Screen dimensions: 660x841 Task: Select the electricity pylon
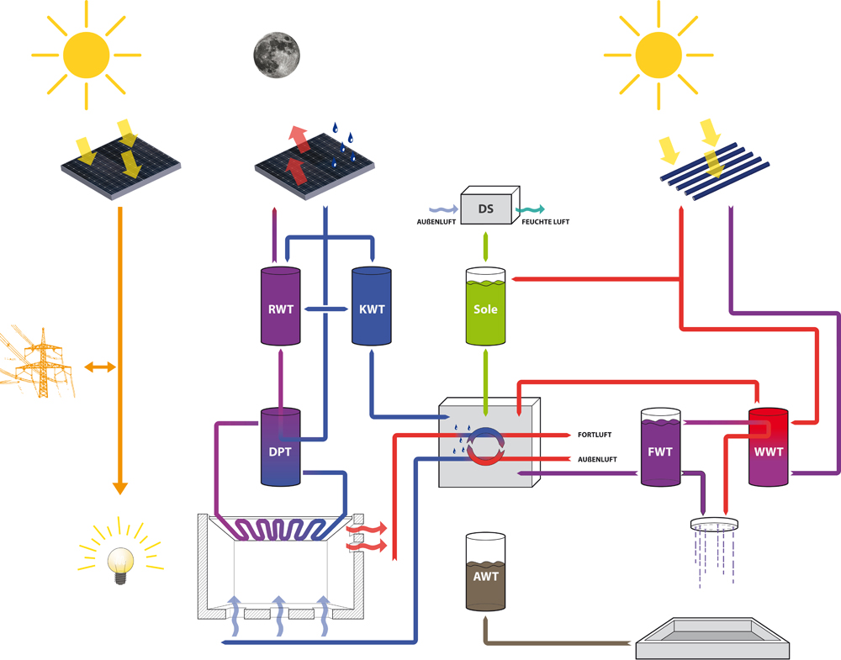(37, 362)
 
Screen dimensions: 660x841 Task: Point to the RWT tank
(280, 307)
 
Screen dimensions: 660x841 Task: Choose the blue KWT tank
(371, 307)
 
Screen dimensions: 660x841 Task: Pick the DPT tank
(280, 447)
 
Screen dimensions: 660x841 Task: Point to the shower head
(714, 525)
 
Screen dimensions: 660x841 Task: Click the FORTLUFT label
(595, 436)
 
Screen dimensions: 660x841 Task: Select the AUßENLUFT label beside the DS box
(436, 222)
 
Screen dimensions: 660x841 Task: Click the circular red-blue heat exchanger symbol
(485, 446)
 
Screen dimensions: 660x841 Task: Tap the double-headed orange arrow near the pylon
(99, 367)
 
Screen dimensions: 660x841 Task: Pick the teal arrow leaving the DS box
(530, 209)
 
